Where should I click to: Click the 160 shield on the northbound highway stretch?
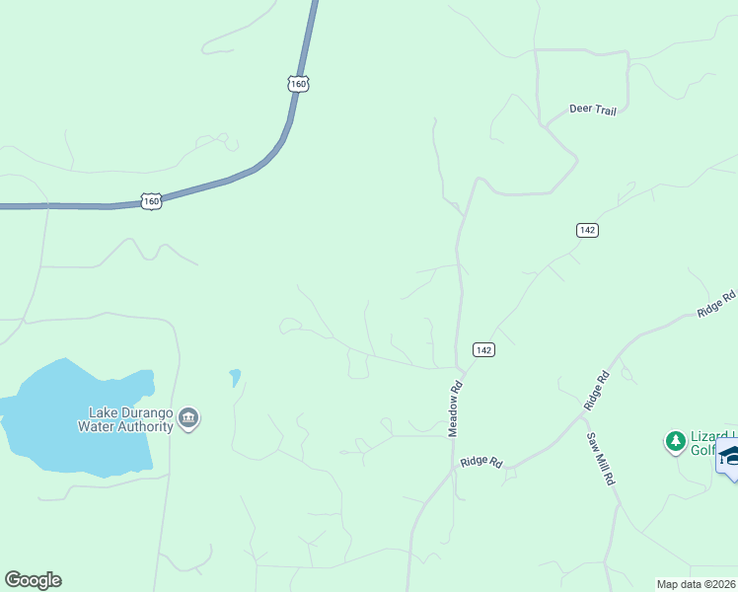coord(299,83)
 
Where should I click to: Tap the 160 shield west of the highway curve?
coord(150,201)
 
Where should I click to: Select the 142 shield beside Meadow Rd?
coord(482,350)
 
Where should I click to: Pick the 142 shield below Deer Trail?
coord(587,230)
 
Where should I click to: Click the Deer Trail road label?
coord(593,111)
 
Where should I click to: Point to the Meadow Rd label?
coord(456,409)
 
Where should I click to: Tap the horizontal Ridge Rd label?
coord(481,462)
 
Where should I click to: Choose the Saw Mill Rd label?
coord(601,459)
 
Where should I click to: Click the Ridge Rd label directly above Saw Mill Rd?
coord(596,391)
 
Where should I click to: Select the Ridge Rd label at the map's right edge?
coord(717,303)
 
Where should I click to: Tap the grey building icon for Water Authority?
coord(189,420)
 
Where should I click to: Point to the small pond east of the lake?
coord(235,376)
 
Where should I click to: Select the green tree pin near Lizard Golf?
coord(675,441)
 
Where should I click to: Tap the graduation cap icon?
coord(730,456)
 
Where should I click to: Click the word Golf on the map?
coord(701,450)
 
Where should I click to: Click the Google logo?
coord(33,580)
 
